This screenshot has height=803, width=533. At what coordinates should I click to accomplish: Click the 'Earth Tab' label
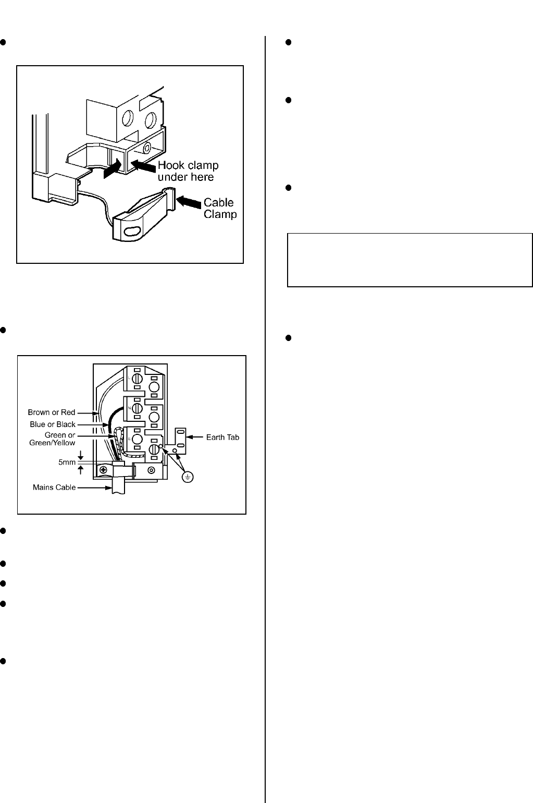tap(222, 437)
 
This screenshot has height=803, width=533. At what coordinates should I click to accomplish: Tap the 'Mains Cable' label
tap(54, 487)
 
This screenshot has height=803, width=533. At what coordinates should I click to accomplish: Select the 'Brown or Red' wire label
tap(52, 412)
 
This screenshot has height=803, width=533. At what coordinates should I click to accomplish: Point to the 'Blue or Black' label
tap(53, 424)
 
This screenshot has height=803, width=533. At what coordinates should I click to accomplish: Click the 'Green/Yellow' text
tap(52, 443)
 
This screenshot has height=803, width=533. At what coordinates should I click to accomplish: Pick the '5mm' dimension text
tap(67, 463)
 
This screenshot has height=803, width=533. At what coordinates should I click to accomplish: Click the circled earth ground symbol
tap(188, 477)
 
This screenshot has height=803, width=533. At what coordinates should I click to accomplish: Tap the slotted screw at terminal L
tap(137, 379)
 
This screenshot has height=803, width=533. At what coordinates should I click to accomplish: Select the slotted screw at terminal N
tap(137, 408)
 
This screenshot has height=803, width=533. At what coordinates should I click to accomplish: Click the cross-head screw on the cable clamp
tap(103, 470)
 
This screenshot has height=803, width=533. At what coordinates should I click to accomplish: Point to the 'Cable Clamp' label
tap(220, 208)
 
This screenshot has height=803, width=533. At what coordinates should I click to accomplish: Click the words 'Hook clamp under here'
tap(188, 171)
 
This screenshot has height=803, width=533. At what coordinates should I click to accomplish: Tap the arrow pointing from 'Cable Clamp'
tap(189, 201)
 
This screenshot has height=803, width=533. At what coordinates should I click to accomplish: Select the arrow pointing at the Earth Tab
tap(195, 437)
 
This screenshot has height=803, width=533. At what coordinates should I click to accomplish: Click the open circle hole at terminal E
tap(137, 439)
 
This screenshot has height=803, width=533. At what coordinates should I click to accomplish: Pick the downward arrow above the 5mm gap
tap(81, 455)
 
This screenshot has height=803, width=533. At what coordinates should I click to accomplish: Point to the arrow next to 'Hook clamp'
tap(143, 166)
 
